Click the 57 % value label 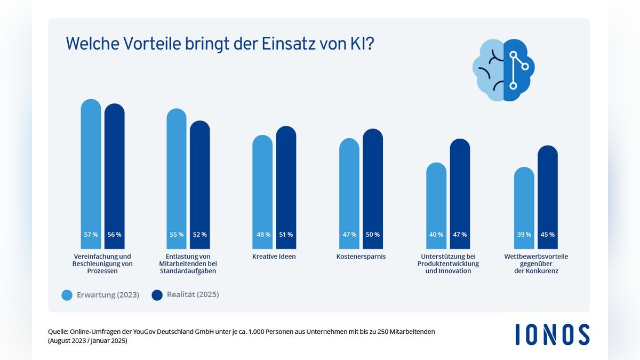[x=91, y=234]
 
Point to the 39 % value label [x=524, y=234]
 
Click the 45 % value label [x=548, y=234]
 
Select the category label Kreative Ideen [x=274, y=257]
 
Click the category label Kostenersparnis [x=361, y=257]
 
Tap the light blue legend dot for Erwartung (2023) [x=67, y=295]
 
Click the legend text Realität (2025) [x=193, y=294]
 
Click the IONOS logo [x=553, y=334]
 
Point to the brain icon [x=503, y=70]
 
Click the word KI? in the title [x=361, y=44]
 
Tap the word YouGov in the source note [x=160, y=332]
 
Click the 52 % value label [x=200, y=234]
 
